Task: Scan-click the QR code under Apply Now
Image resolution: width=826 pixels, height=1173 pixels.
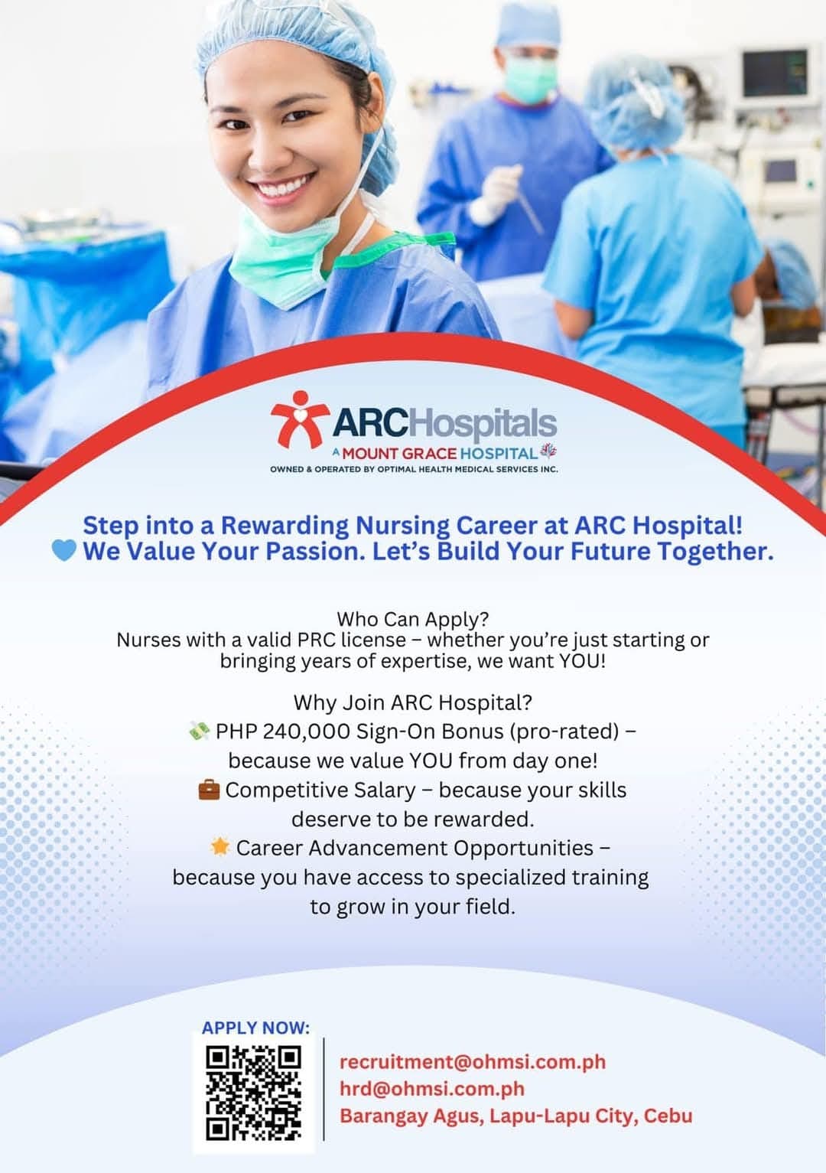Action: point(253,1093)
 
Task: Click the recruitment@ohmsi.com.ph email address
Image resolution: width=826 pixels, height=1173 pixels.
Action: point(472,1062)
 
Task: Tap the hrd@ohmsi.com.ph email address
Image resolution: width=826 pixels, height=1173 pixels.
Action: point(432,1089)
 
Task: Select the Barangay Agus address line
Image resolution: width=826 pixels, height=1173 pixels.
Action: point(515,1116)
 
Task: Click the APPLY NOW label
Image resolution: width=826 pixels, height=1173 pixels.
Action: point(255,1028)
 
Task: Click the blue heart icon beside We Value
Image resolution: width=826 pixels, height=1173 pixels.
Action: point(63,550)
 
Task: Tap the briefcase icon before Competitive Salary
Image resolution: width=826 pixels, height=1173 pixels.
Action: point(208,789)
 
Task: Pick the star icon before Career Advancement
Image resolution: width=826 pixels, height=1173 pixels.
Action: point(220,847)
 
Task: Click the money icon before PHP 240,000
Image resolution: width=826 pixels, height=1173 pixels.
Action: point(199,731)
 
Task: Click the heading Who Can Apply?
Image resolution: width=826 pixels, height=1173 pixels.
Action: point(412,618)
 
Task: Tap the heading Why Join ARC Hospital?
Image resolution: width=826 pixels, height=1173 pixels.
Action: point(412,702)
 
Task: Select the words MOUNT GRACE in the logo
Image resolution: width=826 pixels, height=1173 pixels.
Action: point(398,453)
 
